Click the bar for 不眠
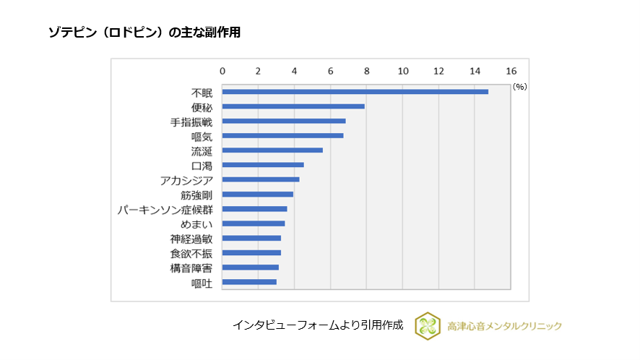pos(355,92)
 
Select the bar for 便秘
pos(293,106)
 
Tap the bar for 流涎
pos(272,150)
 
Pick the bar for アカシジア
pos(261,179)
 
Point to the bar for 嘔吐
pos(249,282)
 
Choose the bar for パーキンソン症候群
pos(254,209)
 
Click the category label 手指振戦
pos(191,122)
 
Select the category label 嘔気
pos(202,137)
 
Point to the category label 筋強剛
pos(196,195)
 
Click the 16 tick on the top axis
pos(511,71)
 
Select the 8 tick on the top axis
pos(367,71)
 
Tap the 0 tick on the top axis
pos(222,71)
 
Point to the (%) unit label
pos(519,86)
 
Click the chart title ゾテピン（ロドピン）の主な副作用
pos(144,33)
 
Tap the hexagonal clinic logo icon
pos(428,325)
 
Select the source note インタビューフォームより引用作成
pos(317,325)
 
